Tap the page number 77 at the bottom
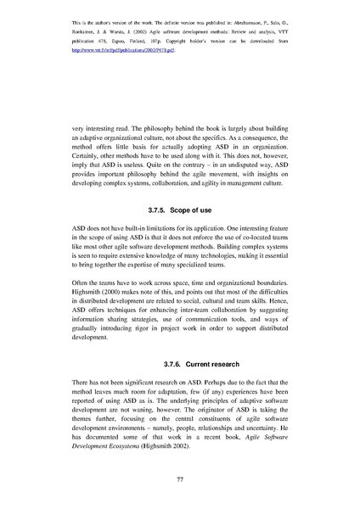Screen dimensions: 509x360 pyautogui.click(x=180, y=479)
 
